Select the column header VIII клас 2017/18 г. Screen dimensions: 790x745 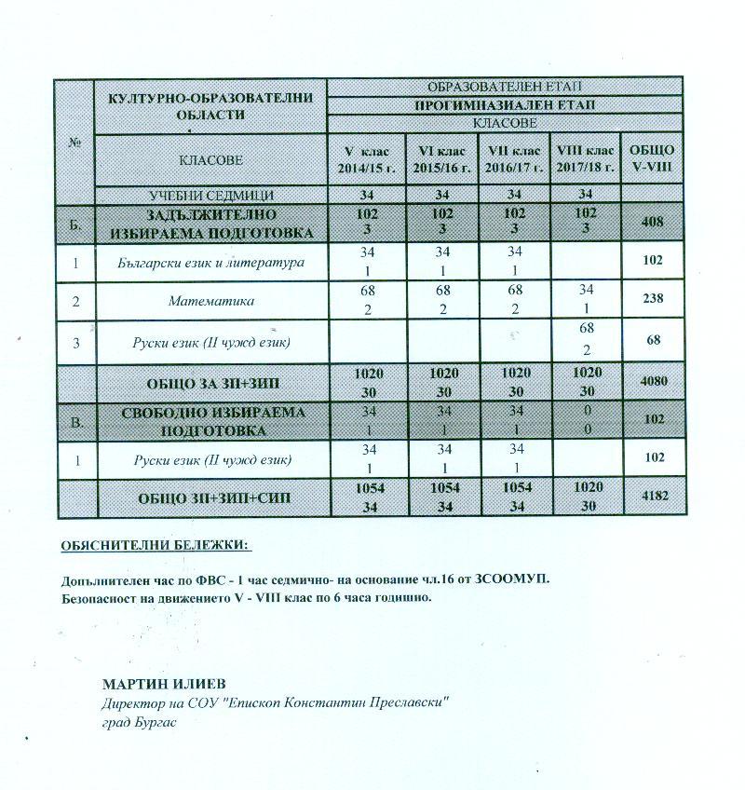click(x=585, y=159)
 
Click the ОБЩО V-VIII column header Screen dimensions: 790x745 click(x=651, y=159)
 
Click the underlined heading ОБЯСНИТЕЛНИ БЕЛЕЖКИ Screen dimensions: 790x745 click(x=156, y=546)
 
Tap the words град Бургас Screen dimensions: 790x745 click(x=138, y=720)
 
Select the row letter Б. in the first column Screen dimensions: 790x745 click(x=75, y=224)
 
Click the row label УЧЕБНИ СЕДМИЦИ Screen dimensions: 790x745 click(x=211, y=196)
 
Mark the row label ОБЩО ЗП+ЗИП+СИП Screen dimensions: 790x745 click(x=213, y=497)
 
